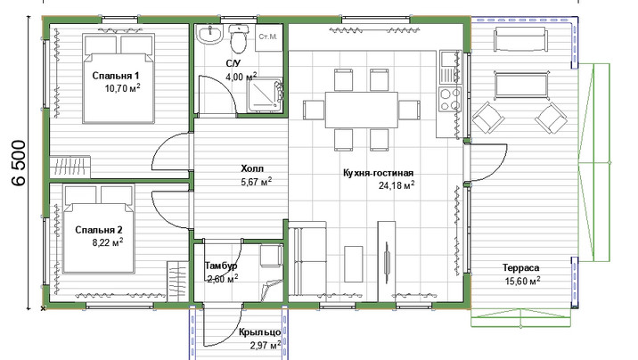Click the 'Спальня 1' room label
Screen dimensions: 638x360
[116, 76]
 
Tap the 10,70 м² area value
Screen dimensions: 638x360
[122, 88]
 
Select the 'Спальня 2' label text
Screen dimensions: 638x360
[99, 230]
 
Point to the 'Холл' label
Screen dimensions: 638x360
[252, 168]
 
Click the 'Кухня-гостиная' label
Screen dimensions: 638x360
[378, 173]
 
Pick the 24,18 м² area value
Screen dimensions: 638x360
[397, 185]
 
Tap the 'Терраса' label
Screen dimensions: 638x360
[520, 267]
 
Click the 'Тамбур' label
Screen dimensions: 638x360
[221, 266]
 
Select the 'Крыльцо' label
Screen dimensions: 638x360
[260, 332]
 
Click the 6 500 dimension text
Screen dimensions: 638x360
[19, 163]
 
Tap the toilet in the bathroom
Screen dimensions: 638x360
[238, 37]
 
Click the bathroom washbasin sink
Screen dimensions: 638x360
[209, 33]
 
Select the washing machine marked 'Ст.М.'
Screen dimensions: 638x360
[268, 37]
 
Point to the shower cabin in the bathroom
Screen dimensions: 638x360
[265, 94]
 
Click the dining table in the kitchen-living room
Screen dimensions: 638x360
[361, 110]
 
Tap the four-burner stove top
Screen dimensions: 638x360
[450, 99]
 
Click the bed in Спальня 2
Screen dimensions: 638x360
[99, 229]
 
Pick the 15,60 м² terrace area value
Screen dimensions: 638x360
[523, 281]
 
